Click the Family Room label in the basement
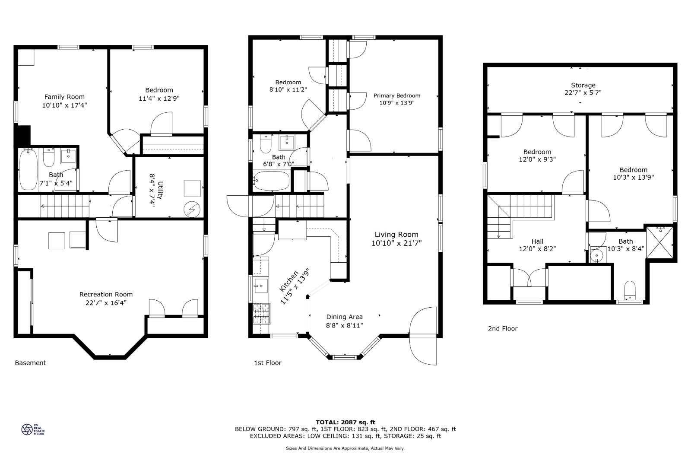click(x=64, y=97)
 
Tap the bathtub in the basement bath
click(x=28, y=169)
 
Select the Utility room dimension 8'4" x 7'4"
click(x=152, y=190)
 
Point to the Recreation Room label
click(x=106, y=294)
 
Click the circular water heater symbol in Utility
click(x=192, y=210)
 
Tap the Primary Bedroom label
click(x=397, y=95)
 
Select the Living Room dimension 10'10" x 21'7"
click(x=396, y=243)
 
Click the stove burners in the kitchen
click(x=261, y=314)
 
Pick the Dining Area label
click(x=344, y=317)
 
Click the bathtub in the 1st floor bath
click(x=272, y=181)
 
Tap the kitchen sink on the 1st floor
click(x=261, y=286)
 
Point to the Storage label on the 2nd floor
click(x=583, y=85)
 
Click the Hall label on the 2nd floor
click(x=537, y=241)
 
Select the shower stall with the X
click(x=659, y=242)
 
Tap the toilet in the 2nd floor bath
click(x=630, y=290)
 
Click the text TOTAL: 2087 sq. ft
click(x=345, y=422)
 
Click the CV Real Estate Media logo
click(x=33, y=429)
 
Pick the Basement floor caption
click(x=30, y=363)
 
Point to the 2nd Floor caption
click(x=503, y=329)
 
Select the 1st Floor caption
click(x=267, y=363)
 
